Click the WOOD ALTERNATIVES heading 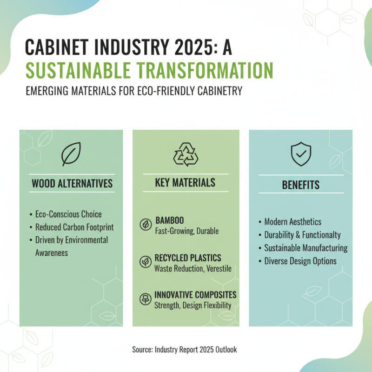(72, 183)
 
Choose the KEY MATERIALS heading (185, 182)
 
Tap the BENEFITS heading (301, 185)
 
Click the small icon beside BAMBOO (146, 225)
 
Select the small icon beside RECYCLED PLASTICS (146, 262)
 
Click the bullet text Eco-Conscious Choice (68, 214)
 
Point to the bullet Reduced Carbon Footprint (74, 227)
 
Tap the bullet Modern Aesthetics (292, 222)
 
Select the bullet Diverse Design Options (300, 261)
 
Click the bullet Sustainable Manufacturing (306, 248)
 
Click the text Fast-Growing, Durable (186, 231)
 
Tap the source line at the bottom (185, 349)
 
